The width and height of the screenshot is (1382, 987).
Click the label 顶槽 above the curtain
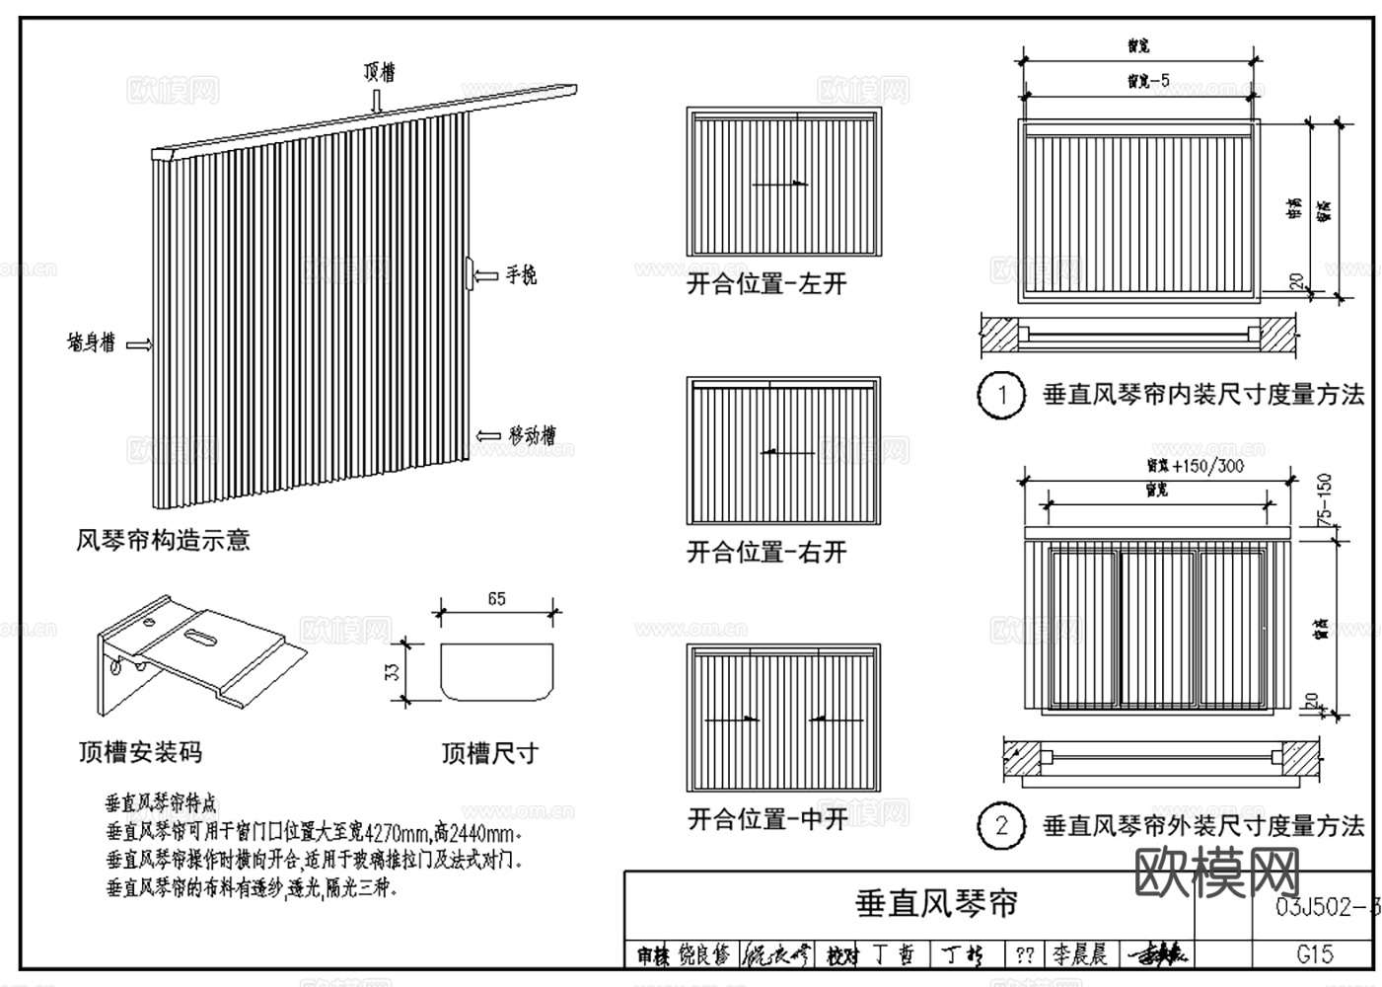[379, 71]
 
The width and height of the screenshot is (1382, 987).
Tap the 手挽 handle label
[520, 275]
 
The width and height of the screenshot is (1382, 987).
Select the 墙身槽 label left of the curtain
[91, 343]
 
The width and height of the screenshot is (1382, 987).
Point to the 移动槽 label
[532, 435]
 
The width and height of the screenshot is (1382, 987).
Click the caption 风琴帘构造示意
[164, 540]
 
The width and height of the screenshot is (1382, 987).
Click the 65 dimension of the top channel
[496, 599]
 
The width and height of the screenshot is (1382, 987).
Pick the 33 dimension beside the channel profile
[392, 672]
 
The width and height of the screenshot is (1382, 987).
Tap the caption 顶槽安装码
[140, 753]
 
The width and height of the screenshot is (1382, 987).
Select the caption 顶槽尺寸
[489, 753]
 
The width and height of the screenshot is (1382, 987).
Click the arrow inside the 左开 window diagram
[779, 184]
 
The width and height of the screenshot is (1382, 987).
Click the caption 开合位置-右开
[766, 552]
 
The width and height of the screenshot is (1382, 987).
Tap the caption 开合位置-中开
[766, 819]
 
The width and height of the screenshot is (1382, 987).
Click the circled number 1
[1001, 396]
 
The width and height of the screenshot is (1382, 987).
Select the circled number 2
[1001, 826]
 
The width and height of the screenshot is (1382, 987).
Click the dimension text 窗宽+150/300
[1195, 465]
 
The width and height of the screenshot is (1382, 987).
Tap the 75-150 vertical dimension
[1325, 498]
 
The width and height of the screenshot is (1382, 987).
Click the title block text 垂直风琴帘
[936, 903]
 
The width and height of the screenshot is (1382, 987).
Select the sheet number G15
[1314, 952]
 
